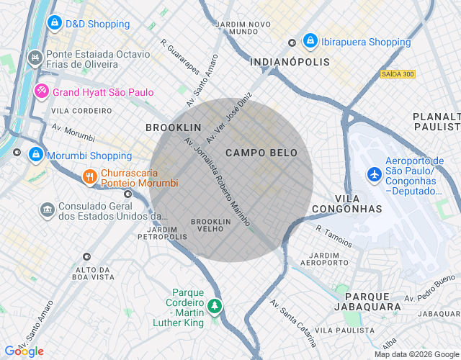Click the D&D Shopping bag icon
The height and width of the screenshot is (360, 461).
pos(54,24)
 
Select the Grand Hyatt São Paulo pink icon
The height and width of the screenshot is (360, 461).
pos(41,91)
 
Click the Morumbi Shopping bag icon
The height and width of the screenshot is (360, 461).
pos(35,155)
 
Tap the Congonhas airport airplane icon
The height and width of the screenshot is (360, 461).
pos(375,174)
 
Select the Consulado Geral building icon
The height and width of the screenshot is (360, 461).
pos(47,210)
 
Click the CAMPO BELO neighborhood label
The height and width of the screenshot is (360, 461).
pos(261,153)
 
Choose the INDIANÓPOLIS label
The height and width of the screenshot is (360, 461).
pos(290,63)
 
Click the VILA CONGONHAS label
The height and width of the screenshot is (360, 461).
pos(358,203)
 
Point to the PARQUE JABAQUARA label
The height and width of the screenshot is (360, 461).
pos(372,302)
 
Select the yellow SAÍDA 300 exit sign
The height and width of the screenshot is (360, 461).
pos(398,75)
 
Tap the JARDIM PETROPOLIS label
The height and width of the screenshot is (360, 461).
pos(162,233)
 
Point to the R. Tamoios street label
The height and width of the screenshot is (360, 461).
pos(334,235)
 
